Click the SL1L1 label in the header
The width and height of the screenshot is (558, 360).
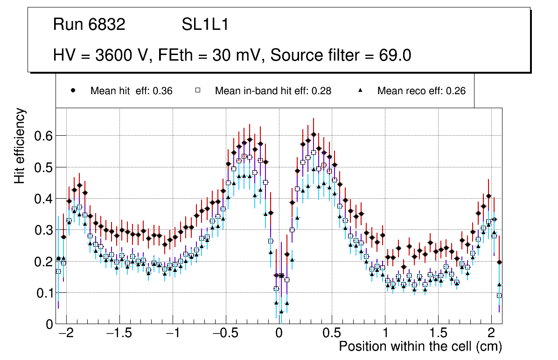[x=205, y=25]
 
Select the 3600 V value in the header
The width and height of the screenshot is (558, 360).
[x=124, y=55]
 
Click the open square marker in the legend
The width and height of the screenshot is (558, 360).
[x=197, y=91]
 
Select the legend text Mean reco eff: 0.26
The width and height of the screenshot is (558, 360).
[x=421, y=91]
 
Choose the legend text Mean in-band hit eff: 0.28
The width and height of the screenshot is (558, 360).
[x=273, y=91]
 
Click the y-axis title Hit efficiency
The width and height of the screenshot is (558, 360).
[x=20, y=146]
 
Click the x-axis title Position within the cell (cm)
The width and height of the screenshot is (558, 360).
[x=420, y=346]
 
